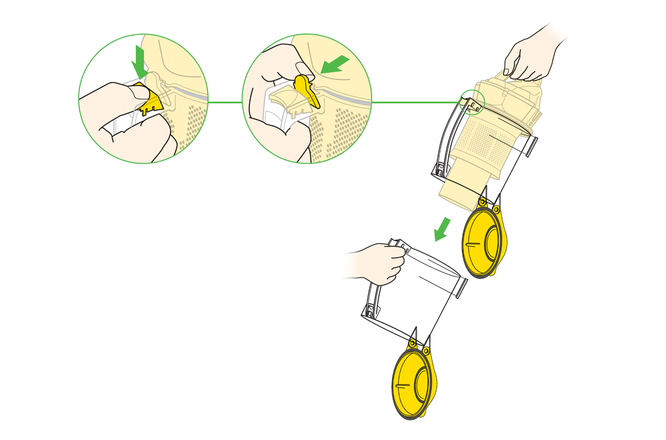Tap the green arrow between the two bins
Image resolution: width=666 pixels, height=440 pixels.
(x=442, y=229)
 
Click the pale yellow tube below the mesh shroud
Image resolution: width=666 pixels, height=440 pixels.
(x=462, y=185)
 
